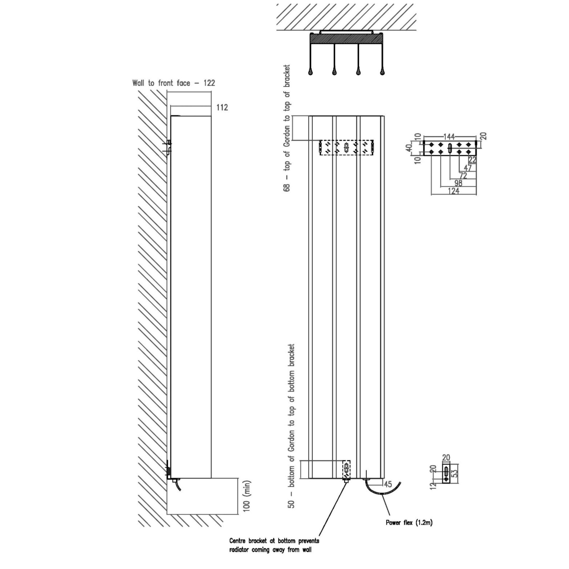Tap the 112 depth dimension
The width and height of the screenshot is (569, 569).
pyautogui.click(x=222, y=107)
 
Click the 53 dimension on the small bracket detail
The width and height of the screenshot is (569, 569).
pyautogui.click(x=455, y=473)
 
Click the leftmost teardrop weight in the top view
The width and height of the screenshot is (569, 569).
pyautogui.click(x=310, y=72)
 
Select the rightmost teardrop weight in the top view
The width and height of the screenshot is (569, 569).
pyautogui.click(x=382, y=72)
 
